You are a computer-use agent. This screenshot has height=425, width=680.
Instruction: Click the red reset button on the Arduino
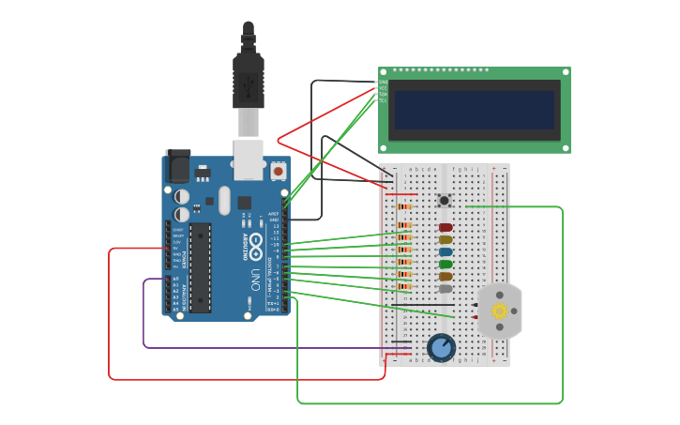coord(278,172)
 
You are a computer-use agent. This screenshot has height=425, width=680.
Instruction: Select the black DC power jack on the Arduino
coord(177,167)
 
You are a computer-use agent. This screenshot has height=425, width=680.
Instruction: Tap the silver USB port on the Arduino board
coord(248,159)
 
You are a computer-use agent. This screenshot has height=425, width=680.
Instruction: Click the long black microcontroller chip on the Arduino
coord(200,267)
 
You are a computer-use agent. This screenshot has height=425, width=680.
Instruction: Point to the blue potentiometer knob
coord(441,348)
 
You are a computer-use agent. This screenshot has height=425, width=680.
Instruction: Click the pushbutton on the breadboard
coord(445,200)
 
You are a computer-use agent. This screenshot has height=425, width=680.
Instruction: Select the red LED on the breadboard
coord(446,227)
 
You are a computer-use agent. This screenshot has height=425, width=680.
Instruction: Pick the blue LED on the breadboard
coord(446,251)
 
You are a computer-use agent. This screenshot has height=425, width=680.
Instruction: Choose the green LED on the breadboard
coord(446,264)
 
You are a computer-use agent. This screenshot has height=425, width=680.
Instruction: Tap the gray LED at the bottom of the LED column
coord(446,288)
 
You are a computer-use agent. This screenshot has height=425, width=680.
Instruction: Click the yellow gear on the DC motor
coord(499,311)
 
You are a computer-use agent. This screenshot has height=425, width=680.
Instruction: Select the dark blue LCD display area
coord(474,110)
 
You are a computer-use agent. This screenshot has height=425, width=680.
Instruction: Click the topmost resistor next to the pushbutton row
coord(404,206)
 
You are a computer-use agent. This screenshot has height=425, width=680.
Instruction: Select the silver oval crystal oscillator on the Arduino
coord(224,200)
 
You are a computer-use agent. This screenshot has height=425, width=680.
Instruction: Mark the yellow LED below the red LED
coord(446,239)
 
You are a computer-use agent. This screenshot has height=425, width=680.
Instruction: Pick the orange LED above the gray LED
coord(446,276)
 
